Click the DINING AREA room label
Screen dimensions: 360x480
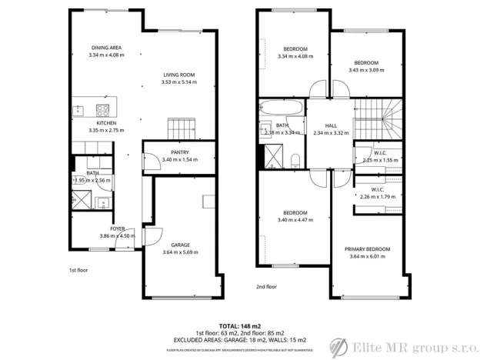[x=106, y=48]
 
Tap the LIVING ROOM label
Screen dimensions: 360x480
[x=178, y=75]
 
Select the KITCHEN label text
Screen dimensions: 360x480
[x=106, y=123]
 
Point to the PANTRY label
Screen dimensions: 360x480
[x=179, y=152]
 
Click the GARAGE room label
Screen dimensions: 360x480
[x=181, y=245]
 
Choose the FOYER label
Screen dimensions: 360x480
[x=117, y=228]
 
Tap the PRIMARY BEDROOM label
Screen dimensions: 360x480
[x=368, y=249]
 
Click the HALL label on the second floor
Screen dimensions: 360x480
[x=331, y=125]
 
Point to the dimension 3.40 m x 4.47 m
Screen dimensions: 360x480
[x=295, y=220]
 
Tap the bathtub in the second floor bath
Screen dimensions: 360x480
[x=282, y=107]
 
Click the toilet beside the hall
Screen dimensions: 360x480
[x=296, y=159]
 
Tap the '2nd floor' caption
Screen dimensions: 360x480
[x=266, y=286]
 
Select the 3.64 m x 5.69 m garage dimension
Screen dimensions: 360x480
[x=181, y=252]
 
